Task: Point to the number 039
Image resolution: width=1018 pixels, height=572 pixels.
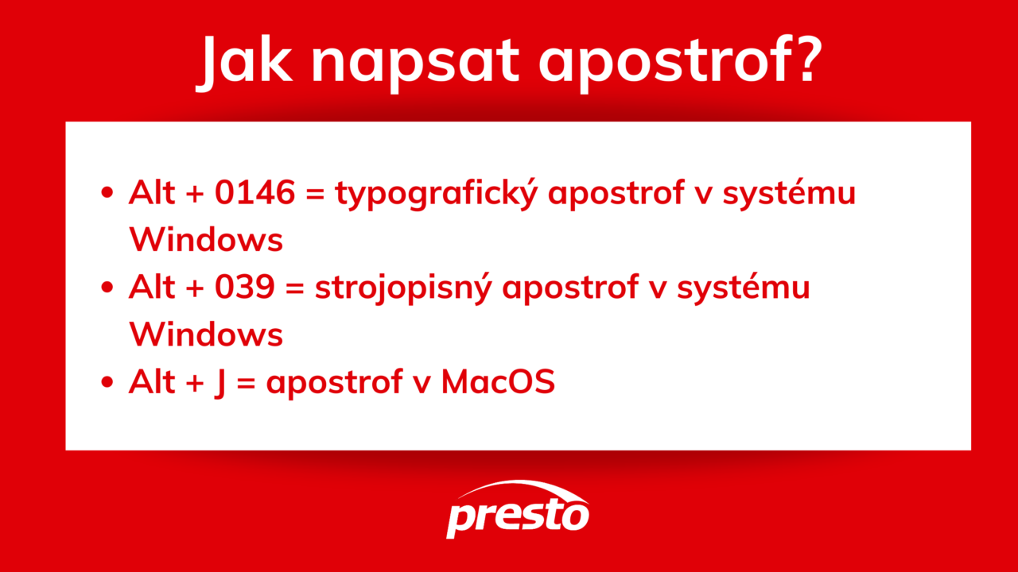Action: [244, 288]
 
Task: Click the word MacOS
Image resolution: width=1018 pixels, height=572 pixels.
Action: [498, 383]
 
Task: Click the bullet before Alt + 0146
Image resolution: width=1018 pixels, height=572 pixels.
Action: [107, 195]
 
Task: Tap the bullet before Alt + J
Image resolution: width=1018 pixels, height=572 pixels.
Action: [107, 384]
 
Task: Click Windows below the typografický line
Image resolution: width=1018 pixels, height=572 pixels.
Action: [206, 240]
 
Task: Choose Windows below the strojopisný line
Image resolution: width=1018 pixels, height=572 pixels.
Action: [206, 334]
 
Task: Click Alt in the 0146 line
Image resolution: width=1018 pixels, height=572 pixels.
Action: [151, 193]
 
